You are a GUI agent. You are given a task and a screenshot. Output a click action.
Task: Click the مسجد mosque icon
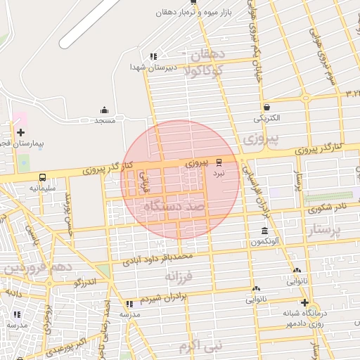click(x=105, y=110)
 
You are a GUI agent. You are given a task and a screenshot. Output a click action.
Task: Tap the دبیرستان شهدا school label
click(x=149, y=67)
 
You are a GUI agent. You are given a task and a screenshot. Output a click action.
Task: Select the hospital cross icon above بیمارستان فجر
click(x=21, y=132)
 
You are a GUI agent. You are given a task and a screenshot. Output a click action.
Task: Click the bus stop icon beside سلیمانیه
click(x=43, y=178)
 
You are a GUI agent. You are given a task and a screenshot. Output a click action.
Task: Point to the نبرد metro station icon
click(x=219, y=162)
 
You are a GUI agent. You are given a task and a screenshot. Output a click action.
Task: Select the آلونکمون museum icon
click(x=264, y=231)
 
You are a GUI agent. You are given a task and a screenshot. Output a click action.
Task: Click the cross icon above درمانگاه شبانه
click(x=304, y=302)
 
